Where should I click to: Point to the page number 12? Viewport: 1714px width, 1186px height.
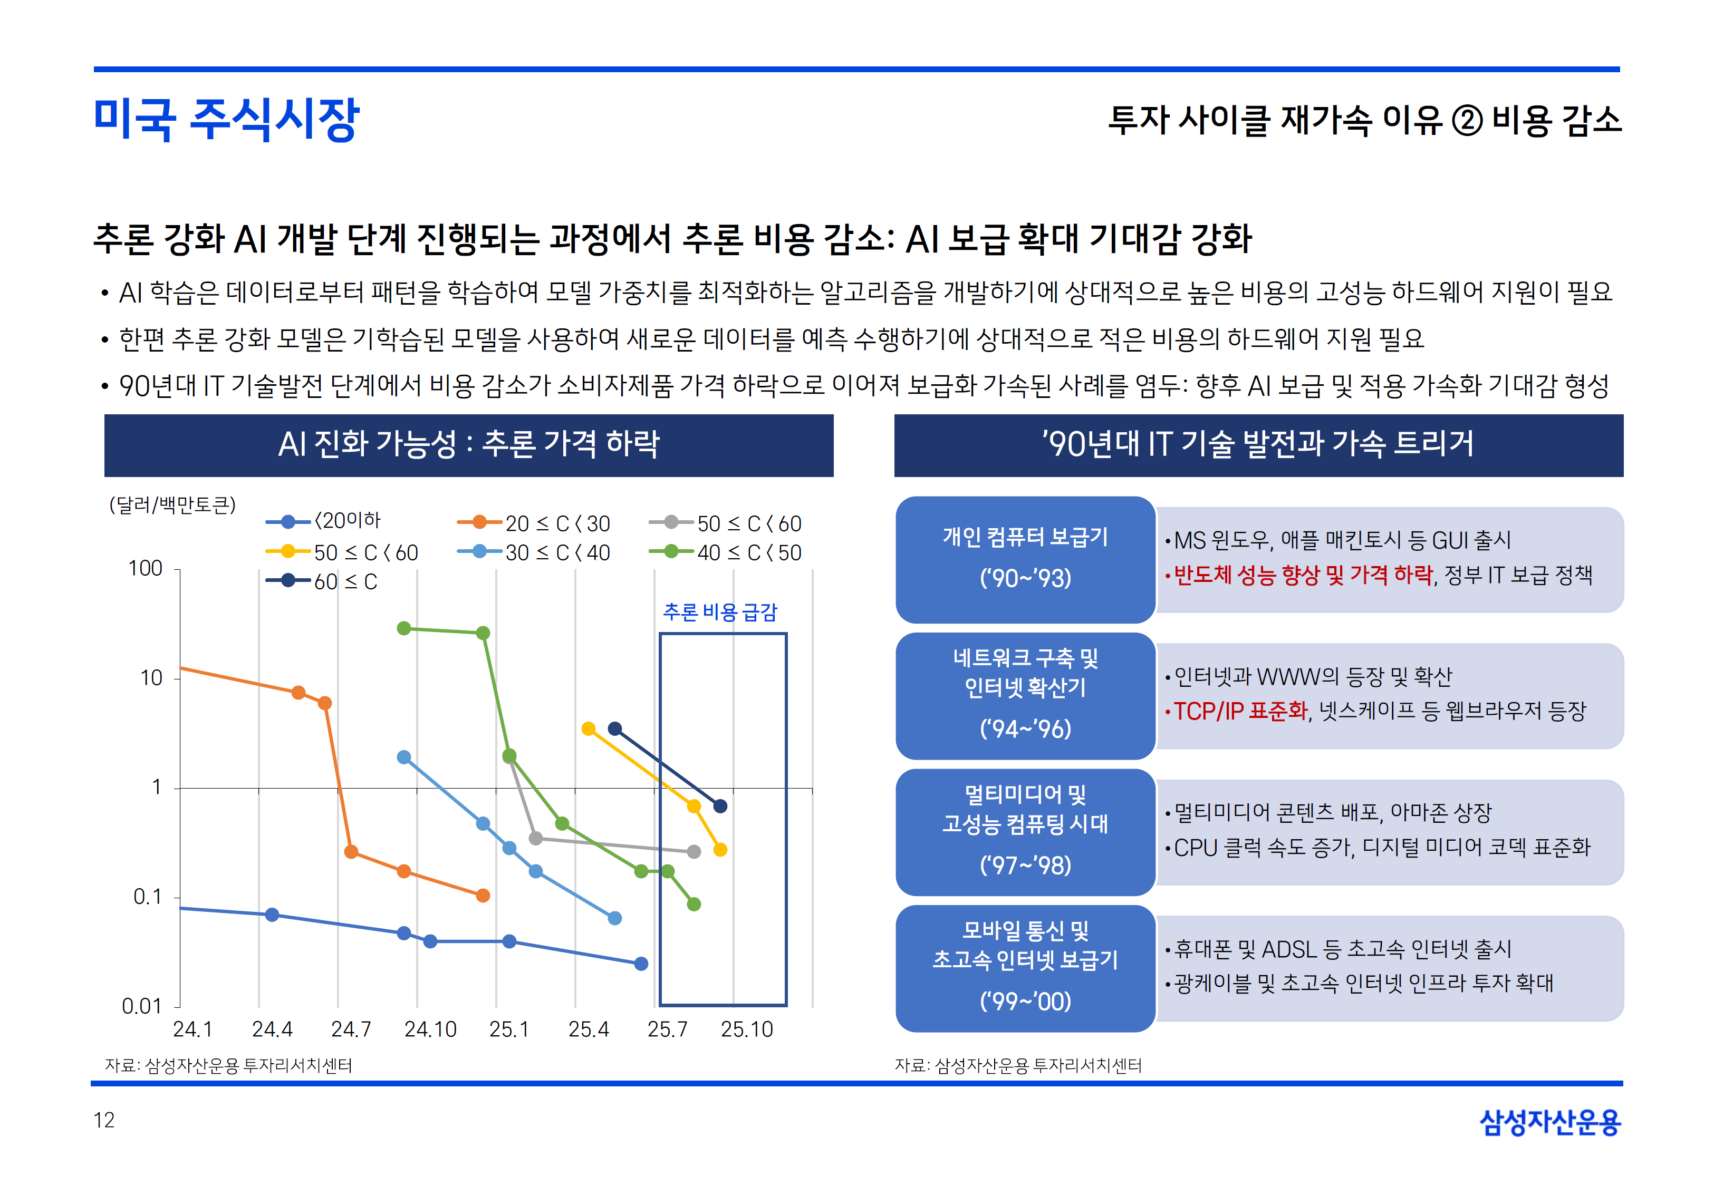click(104, 1120)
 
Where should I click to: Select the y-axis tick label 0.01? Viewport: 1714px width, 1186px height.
click(141, 1006)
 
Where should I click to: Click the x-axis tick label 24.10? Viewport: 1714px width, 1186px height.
click(430, 1029)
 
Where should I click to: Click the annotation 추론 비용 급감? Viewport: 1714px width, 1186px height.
click(719, 613)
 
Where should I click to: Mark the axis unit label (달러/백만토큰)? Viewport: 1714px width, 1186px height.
click(172, 505)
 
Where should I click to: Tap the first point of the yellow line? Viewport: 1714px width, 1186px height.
click(589, 728)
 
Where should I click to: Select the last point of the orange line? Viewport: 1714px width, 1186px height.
click(483, 896)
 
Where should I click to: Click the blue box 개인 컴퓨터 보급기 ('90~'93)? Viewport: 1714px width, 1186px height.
click(1025, 559)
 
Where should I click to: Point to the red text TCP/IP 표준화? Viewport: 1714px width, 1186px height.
click(1240, 711)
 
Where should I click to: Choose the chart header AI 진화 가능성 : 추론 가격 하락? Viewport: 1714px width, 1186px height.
click(468, 445)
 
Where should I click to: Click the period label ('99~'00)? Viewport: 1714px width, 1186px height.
click(1025, 1001)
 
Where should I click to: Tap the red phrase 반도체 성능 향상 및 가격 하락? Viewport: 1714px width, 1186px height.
click(1302, 575)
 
